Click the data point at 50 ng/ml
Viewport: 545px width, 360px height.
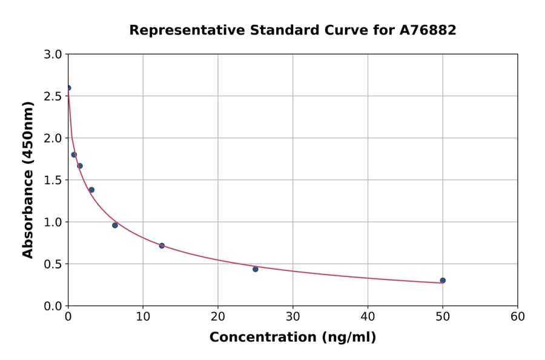pos(443,281)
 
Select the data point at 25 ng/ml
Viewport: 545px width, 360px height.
pos(256,269)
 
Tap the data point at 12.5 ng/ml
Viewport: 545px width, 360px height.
pos(162,245)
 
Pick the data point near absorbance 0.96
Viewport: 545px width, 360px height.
pos(115,225)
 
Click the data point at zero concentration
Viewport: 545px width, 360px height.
pos(68,88)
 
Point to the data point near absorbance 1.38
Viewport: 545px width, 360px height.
pos(91,190)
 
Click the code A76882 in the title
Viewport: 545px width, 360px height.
pos(428,30)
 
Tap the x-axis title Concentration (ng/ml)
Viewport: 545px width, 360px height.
pos(292,338)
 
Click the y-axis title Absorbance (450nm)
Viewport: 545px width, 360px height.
pos(28,179)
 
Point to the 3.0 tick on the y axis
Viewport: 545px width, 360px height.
pos(54,55)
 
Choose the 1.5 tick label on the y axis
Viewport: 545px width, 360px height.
pos(54,180)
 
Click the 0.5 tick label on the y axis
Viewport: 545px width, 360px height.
pos(54,264)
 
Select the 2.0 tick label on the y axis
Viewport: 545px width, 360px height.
pos(54,138)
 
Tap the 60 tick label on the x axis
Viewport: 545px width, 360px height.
pos(518,316)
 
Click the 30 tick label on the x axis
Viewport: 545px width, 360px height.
pos(293,316)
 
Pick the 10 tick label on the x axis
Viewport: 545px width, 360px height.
pos(143,316)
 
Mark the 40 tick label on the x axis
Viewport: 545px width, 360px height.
pos(368,316)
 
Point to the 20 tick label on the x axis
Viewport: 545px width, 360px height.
pos(218,316)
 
